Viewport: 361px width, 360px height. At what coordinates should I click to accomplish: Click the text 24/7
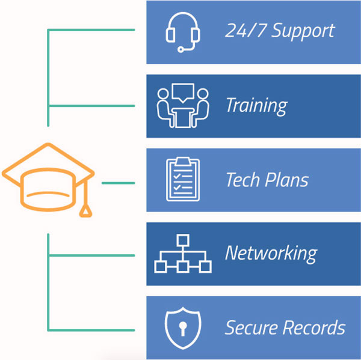[241, 31]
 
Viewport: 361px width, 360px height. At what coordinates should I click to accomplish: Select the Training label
[256, 106]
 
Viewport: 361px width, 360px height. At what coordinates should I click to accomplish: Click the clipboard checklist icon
[182, 179]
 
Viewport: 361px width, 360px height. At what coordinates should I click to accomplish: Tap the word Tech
[242, 180]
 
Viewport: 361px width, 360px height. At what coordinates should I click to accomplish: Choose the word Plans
[286, 180]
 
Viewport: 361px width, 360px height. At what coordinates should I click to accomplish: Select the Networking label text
[271, 254]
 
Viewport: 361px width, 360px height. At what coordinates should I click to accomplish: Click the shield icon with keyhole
[182, 328]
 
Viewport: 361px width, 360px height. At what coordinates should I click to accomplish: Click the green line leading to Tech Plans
[118, 182]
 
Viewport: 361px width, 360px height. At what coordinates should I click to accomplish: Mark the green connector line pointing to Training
[90, 106]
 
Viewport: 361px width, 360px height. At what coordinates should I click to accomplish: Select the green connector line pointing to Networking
[90, 255]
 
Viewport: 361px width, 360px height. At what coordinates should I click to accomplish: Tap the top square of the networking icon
[182, 239]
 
